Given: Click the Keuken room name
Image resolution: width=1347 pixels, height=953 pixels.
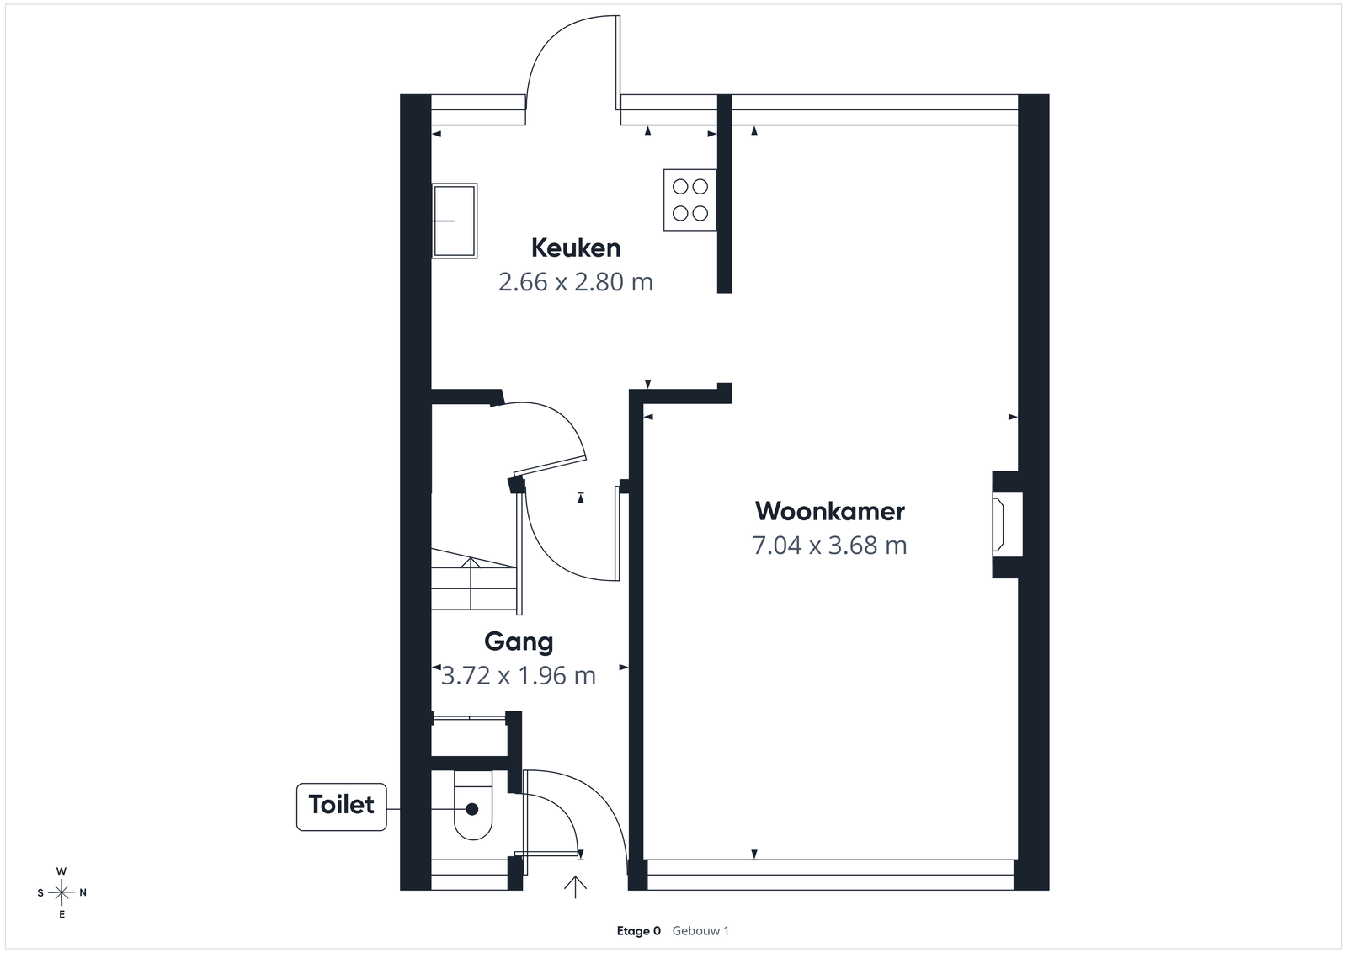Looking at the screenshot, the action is pos(576,248).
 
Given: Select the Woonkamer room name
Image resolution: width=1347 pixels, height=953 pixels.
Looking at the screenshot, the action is pos(830,512).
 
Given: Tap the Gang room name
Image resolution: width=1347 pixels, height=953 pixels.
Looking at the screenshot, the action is pos(519,642).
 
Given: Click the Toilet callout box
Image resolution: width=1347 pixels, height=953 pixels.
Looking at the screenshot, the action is pos(342,807).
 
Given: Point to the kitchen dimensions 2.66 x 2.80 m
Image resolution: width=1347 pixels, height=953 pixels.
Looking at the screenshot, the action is pos(576,282).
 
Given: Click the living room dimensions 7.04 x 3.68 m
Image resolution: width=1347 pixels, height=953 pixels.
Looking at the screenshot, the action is pos(830,546).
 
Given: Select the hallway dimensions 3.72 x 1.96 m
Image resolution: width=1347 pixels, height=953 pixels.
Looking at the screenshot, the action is pos(519,676).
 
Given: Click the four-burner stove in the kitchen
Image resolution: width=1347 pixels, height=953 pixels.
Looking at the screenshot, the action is pos(689,200).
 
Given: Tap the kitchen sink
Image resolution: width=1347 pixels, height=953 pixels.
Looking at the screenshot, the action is pos(455,221).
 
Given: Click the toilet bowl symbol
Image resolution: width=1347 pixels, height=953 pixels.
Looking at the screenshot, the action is pos(472,806).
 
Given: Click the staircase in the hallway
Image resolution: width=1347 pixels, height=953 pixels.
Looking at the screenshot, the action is pos(474,579).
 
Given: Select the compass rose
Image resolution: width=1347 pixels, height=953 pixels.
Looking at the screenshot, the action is pos(61,892).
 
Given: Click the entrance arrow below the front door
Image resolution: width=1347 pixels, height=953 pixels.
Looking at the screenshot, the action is pos(576,886).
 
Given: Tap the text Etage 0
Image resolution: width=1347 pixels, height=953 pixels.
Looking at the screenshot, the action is pos(639,931).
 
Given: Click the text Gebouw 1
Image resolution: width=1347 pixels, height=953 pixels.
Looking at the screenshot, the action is pos(700,931).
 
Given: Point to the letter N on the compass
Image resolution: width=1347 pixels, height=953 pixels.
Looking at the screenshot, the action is pos(83,892).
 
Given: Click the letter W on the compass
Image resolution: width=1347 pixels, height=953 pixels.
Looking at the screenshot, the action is pos(61,871).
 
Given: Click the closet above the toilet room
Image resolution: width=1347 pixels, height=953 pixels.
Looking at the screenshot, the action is pos(469,737).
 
